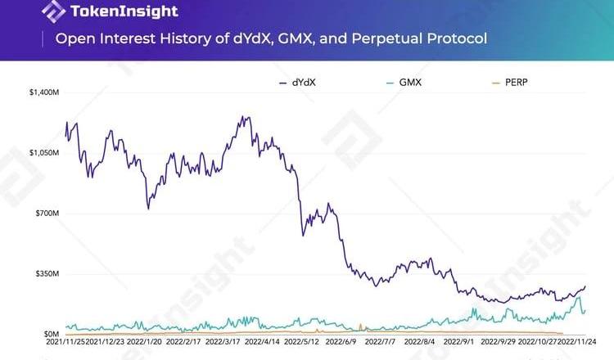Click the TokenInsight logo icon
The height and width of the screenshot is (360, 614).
(x=54, y=11)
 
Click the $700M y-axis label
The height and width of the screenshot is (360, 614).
(x=47, y=214)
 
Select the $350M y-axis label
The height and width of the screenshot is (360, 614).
(x=47, y=273)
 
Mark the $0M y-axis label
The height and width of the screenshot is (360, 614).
(x=50, y=334)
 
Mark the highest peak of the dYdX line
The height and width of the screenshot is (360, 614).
(x=244, y=116)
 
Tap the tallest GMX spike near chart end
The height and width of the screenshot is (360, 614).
(x=579, y=296)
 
